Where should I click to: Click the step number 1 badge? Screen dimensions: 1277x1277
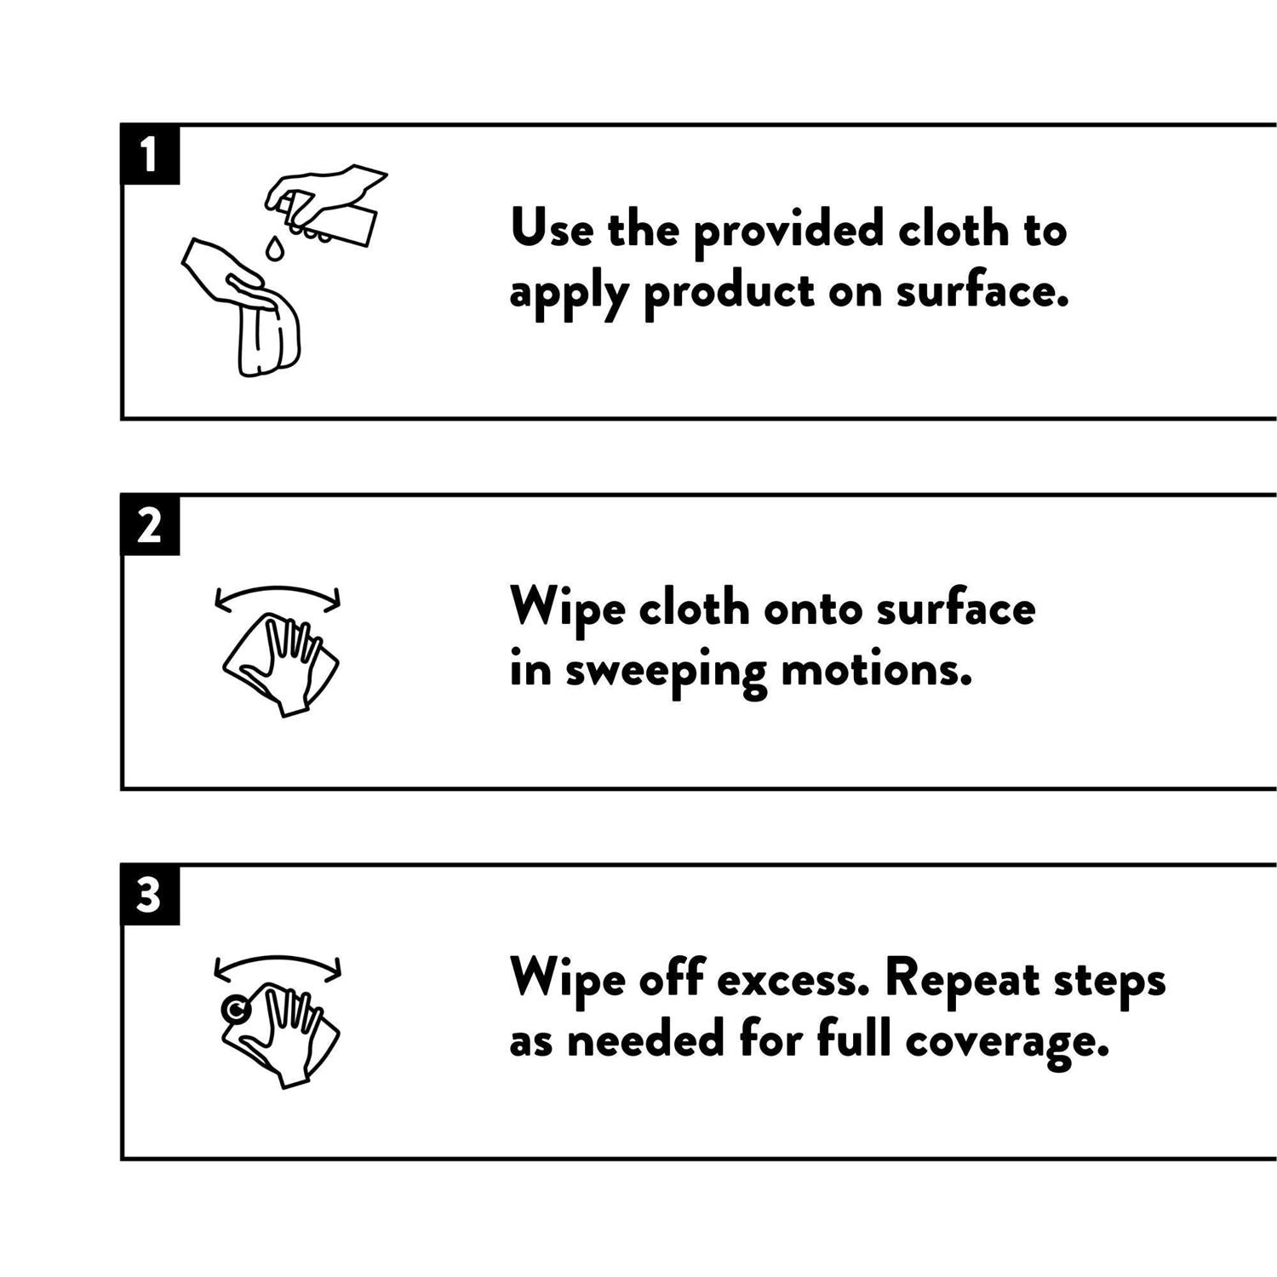150,154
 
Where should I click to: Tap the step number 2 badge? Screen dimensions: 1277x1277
150,524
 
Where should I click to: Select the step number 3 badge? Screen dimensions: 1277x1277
150,895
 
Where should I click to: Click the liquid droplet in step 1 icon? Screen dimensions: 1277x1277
274,248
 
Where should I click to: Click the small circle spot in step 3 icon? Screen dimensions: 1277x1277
235,1010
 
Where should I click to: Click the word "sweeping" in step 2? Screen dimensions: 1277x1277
666,672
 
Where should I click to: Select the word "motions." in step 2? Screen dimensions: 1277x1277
877,669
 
